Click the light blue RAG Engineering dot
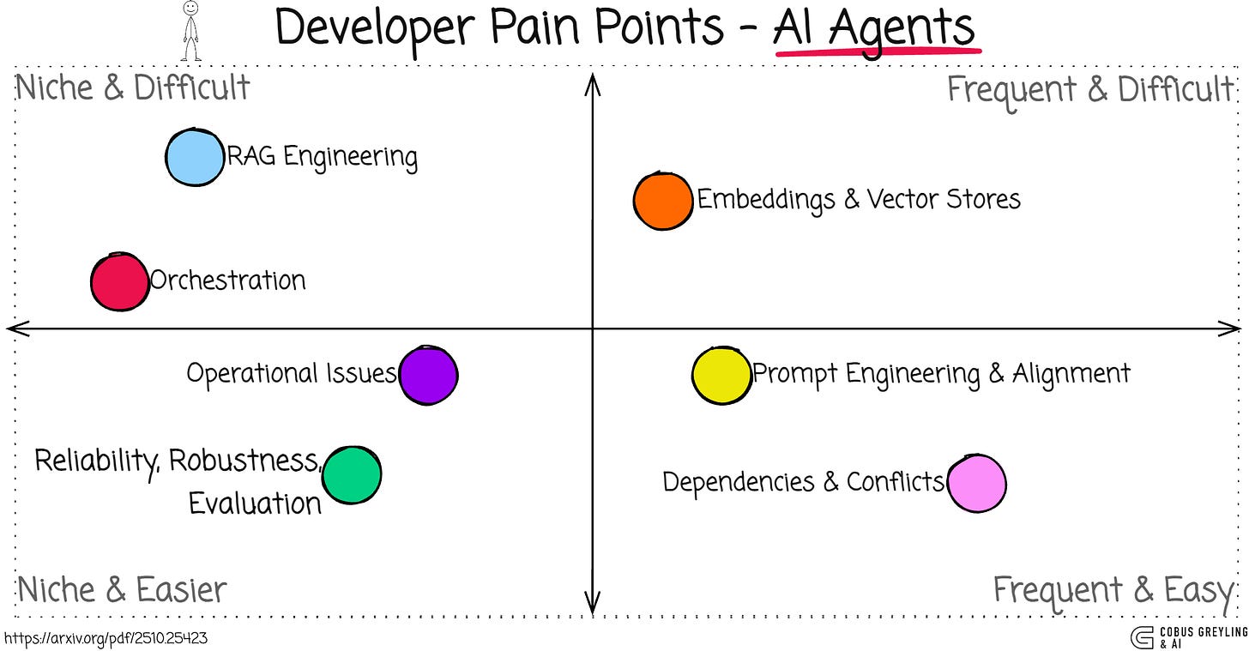coord(195,157)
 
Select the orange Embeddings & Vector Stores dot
coord(663,201)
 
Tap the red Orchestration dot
coord(120,281)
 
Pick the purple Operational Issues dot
coord(429,375)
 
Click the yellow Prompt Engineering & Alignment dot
coord(722,376)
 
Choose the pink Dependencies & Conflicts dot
coord(976,484)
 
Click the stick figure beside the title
coord(190,31)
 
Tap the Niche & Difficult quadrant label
coord(133,87)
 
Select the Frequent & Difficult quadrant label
coord(1089,89)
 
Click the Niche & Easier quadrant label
coord(122,590)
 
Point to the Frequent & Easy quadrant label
coord(1113,590)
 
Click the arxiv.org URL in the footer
coord(106,638)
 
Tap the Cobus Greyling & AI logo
coord(1188,637)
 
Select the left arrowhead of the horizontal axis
coord(14,329)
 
